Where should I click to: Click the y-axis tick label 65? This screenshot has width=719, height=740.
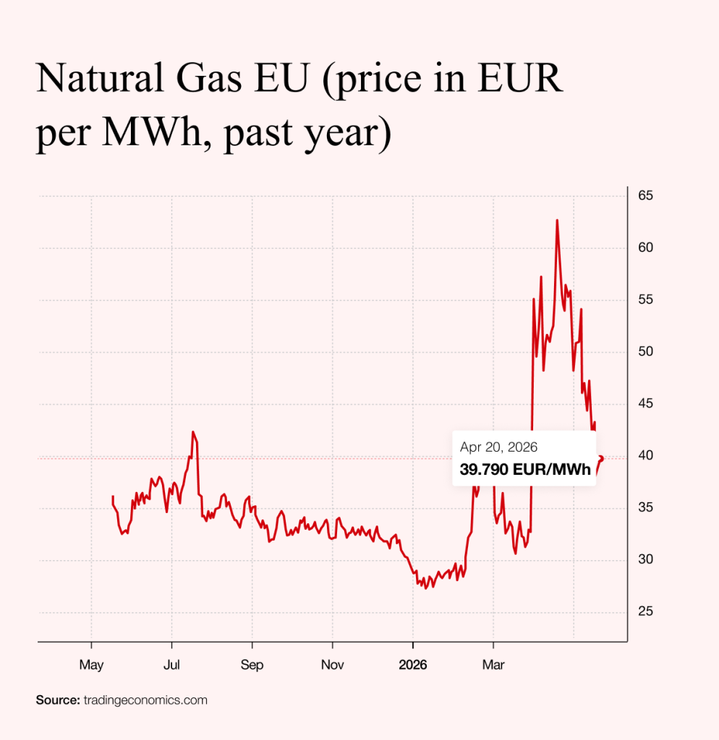point(646,196)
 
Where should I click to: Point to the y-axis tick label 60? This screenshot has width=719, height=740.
point(646,248)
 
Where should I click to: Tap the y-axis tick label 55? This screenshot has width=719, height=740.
point(646,300)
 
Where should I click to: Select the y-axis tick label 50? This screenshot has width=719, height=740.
point(646,352)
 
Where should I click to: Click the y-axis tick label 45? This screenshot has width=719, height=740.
point(646,404)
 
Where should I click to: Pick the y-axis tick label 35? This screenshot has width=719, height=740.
point(646,508)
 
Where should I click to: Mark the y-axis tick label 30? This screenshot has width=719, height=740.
point(646,560)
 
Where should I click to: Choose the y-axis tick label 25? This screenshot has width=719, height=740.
point(646,612)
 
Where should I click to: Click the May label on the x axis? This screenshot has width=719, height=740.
point(91,664)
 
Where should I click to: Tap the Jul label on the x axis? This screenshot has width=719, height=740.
point(171,664)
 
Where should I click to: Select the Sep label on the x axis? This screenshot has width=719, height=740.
point(252,664)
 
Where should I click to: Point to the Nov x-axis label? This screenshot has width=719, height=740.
point(332,664)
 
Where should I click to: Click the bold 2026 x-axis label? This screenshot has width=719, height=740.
point(413,664)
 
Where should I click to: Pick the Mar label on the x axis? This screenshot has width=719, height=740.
point(493,664)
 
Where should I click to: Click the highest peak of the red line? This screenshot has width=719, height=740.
point(557,220)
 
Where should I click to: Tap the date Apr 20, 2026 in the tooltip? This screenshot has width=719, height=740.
point(498,448)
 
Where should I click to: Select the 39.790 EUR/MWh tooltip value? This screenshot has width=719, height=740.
point(525,470)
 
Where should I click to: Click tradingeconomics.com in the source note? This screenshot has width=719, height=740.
point(145,700)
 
